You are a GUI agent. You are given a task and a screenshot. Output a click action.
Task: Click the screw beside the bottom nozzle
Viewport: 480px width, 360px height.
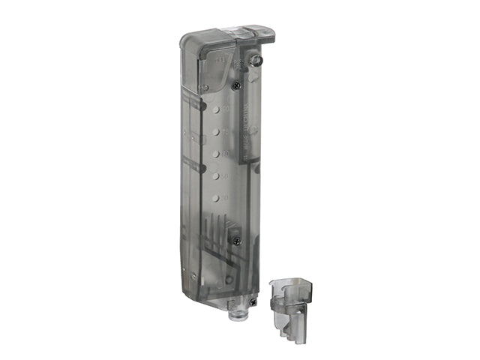point(254,301)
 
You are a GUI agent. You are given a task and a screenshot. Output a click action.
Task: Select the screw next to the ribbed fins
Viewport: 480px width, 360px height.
point(236,241)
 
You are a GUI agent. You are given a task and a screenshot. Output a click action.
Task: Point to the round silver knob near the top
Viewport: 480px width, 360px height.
point(256,59)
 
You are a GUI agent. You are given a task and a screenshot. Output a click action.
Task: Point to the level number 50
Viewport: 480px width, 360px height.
point(225,175)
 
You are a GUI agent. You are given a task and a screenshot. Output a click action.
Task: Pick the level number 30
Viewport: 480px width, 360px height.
point(225,196)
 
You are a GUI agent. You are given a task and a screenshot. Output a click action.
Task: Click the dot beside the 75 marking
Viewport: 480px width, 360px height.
point(214,131)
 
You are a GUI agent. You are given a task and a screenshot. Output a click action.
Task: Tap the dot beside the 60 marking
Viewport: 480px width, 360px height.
point(214,154)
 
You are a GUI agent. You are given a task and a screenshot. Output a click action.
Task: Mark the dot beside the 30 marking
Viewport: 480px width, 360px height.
point(214,199)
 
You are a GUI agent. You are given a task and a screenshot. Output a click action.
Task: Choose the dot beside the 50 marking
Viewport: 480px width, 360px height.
point(214,176)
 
